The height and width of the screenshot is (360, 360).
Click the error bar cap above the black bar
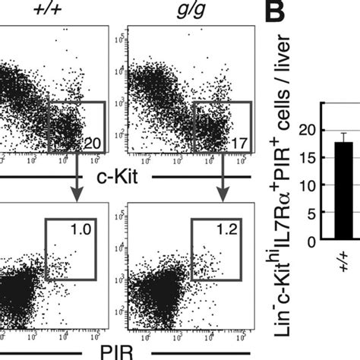pyautogui.click(x=343, y=133)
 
